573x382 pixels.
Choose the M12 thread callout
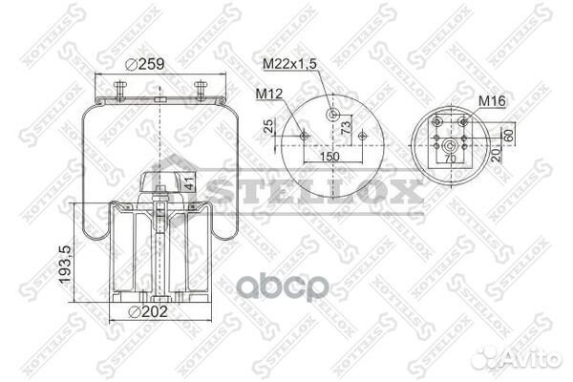(268, 94)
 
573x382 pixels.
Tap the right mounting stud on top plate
(202, 90)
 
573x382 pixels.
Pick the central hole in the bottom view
(448, 145)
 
